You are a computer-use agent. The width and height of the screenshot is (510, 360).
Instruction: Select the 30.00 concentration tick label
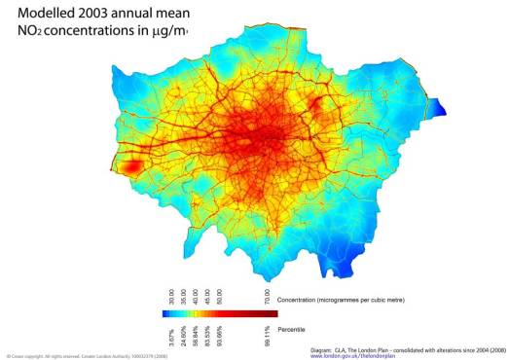(172, 297)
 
